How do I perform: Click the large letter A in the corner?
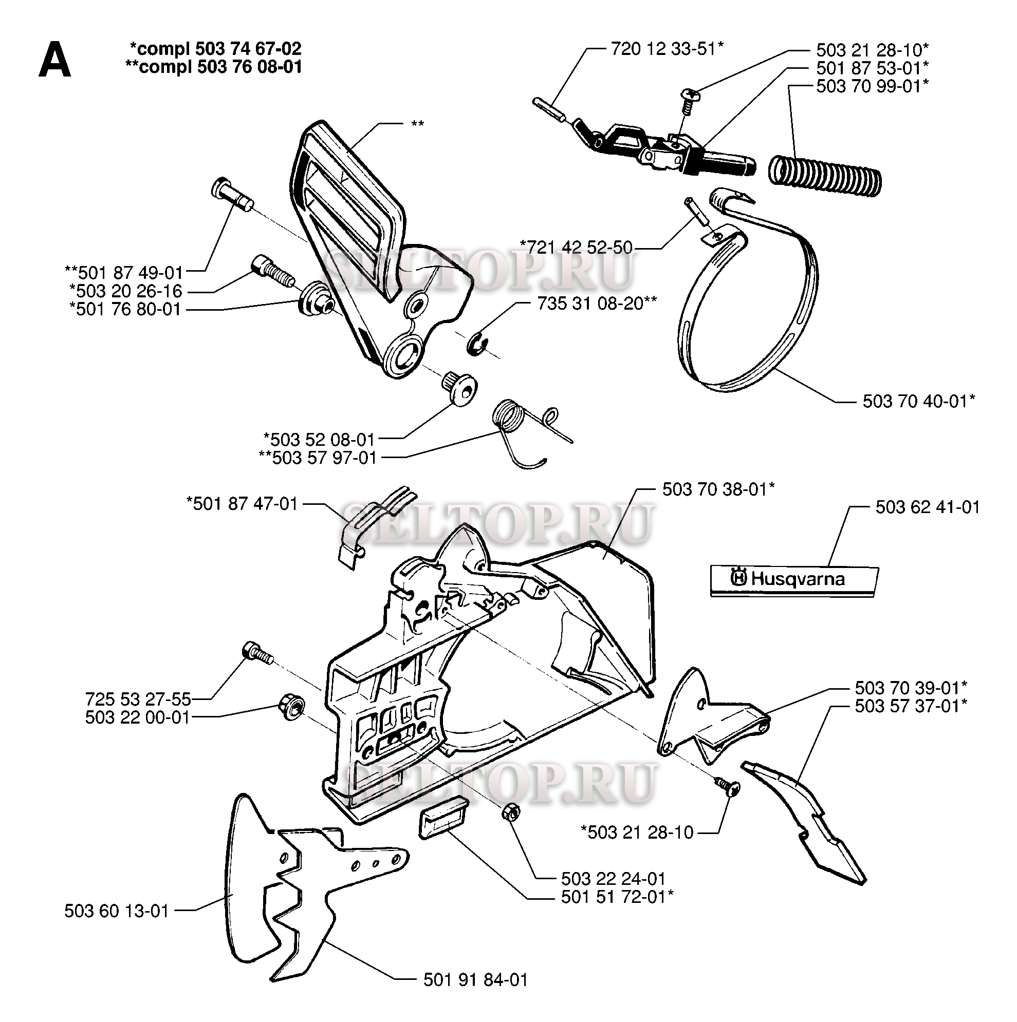pos(54,60)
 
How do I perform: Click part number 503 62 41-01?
pos(928,507)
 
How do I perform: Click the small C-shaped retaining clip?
pos(478,343)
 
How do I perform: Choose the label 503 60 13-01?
pos(117,911)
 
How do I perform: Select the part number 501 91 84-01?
pos(476,980)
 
